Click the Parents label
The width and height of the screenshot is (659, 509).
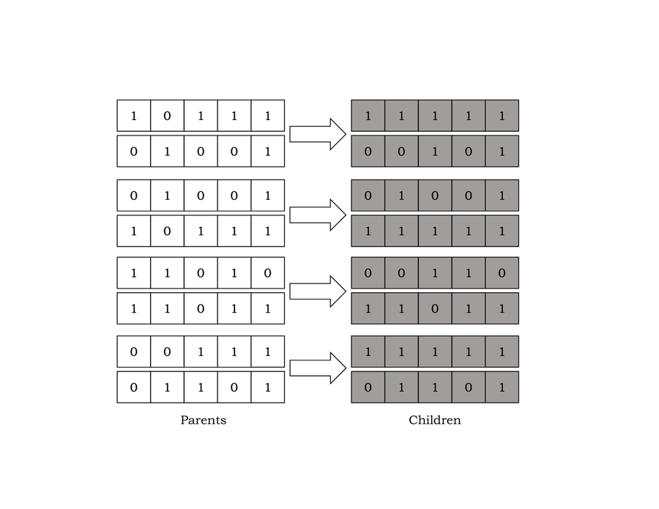203,420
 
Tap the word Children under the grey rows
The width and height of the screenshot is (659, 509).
434,420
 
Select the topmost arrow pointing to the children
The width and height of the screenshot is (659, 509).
317,134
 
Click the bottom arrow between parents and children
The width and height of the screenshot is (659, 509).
317,368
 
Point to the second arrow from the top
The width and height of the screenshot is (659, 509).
317,215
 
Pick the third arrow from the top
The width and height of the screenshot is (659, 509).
317,291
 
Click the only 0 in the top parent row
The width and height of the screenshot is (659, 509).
167,116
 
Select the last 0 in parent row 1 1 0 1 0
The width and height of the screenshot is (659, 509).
267,273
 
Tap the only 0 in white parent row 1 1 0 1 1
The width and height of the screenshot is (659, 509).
201,308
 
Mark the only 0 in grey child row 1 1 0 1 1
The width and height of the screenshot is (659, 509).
435,308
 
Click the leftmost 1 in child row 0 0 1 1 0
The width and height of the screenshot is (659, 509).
435,273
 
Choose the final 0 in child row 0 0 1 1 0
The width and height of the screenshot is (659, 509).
502,273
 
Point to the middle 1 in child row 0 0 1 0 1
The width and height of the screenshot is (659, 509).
435,152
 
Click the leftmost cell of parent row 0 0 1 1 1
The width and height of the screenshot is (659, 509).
133,352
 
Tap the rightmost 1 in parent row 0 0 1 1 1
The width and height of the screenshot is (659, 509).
267,352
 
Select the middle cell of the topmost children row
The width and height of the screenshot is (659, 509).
435,116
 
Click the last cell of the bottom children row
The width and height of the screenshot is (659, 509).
502,387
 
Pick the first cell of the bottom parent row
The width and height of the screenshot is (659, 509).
133,387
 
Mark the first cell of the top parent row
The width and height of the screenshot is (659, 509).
133,116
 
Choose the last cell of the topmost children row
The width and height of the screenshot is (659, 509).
502,116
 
